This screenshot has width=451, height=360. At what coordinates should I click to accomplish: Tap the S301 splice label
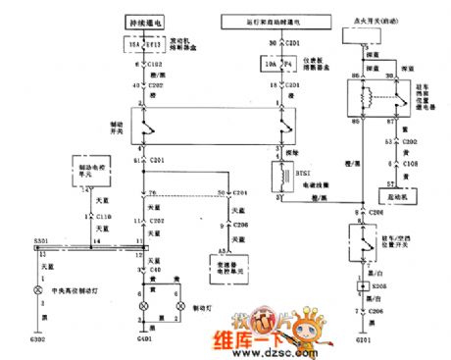(42, 239)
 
